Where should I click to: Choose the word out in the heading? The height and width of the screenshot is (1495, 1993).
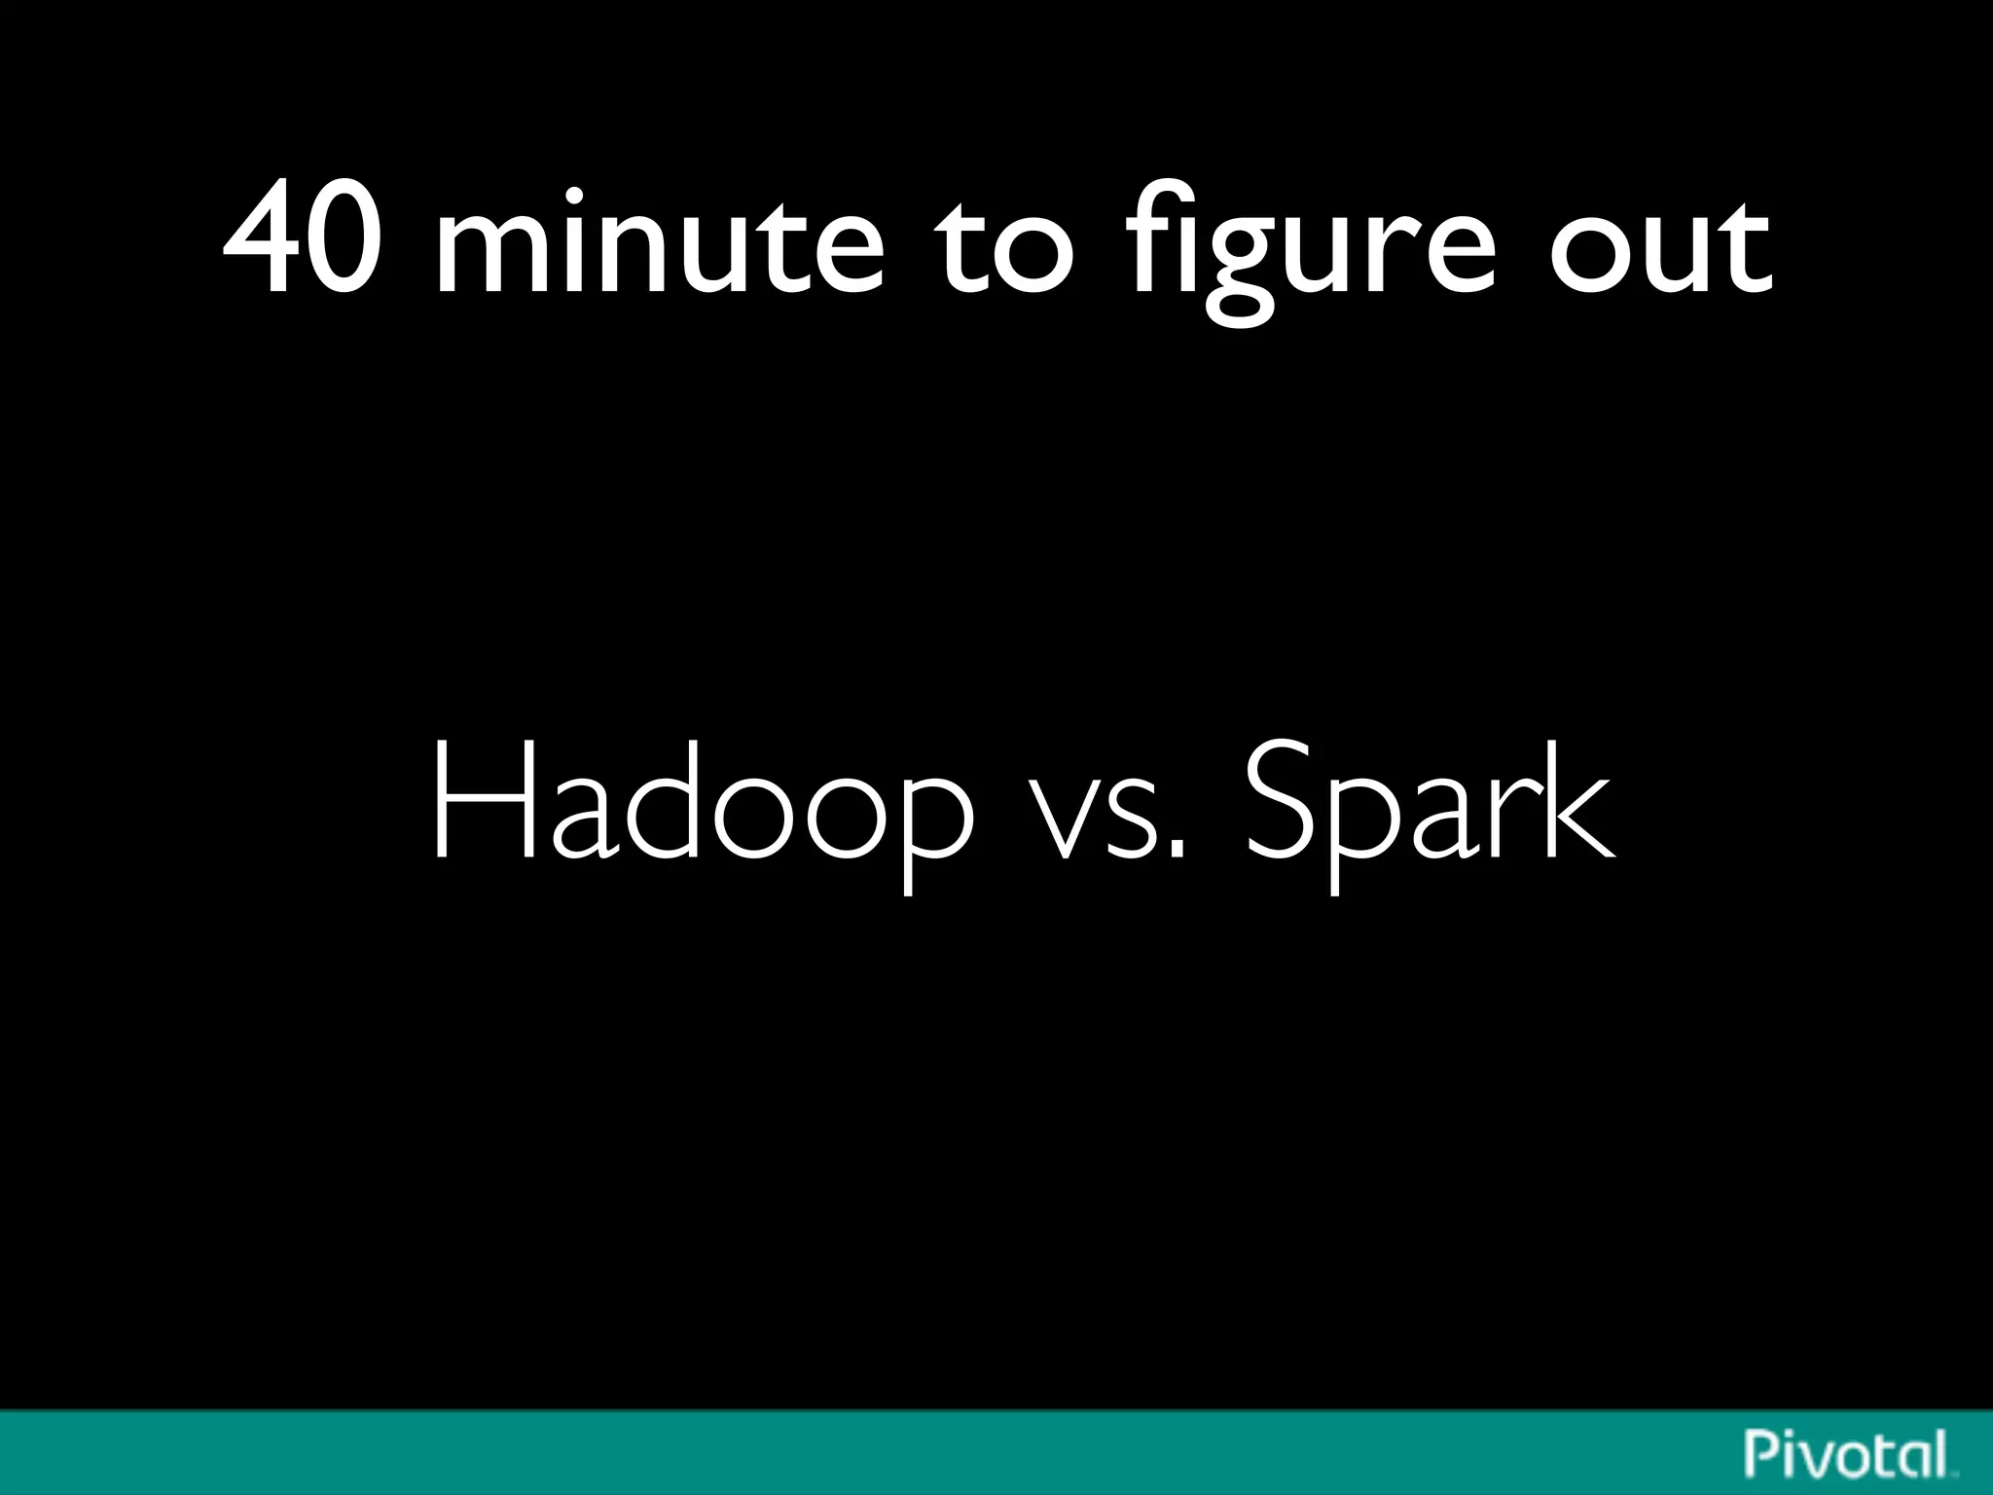click(1660, 243)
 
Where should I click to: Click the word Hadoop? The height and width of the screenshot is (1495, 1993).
click(701, 808)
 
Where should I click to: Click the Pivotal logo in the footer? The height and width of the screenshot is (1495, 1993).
click(1849, 1454)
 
